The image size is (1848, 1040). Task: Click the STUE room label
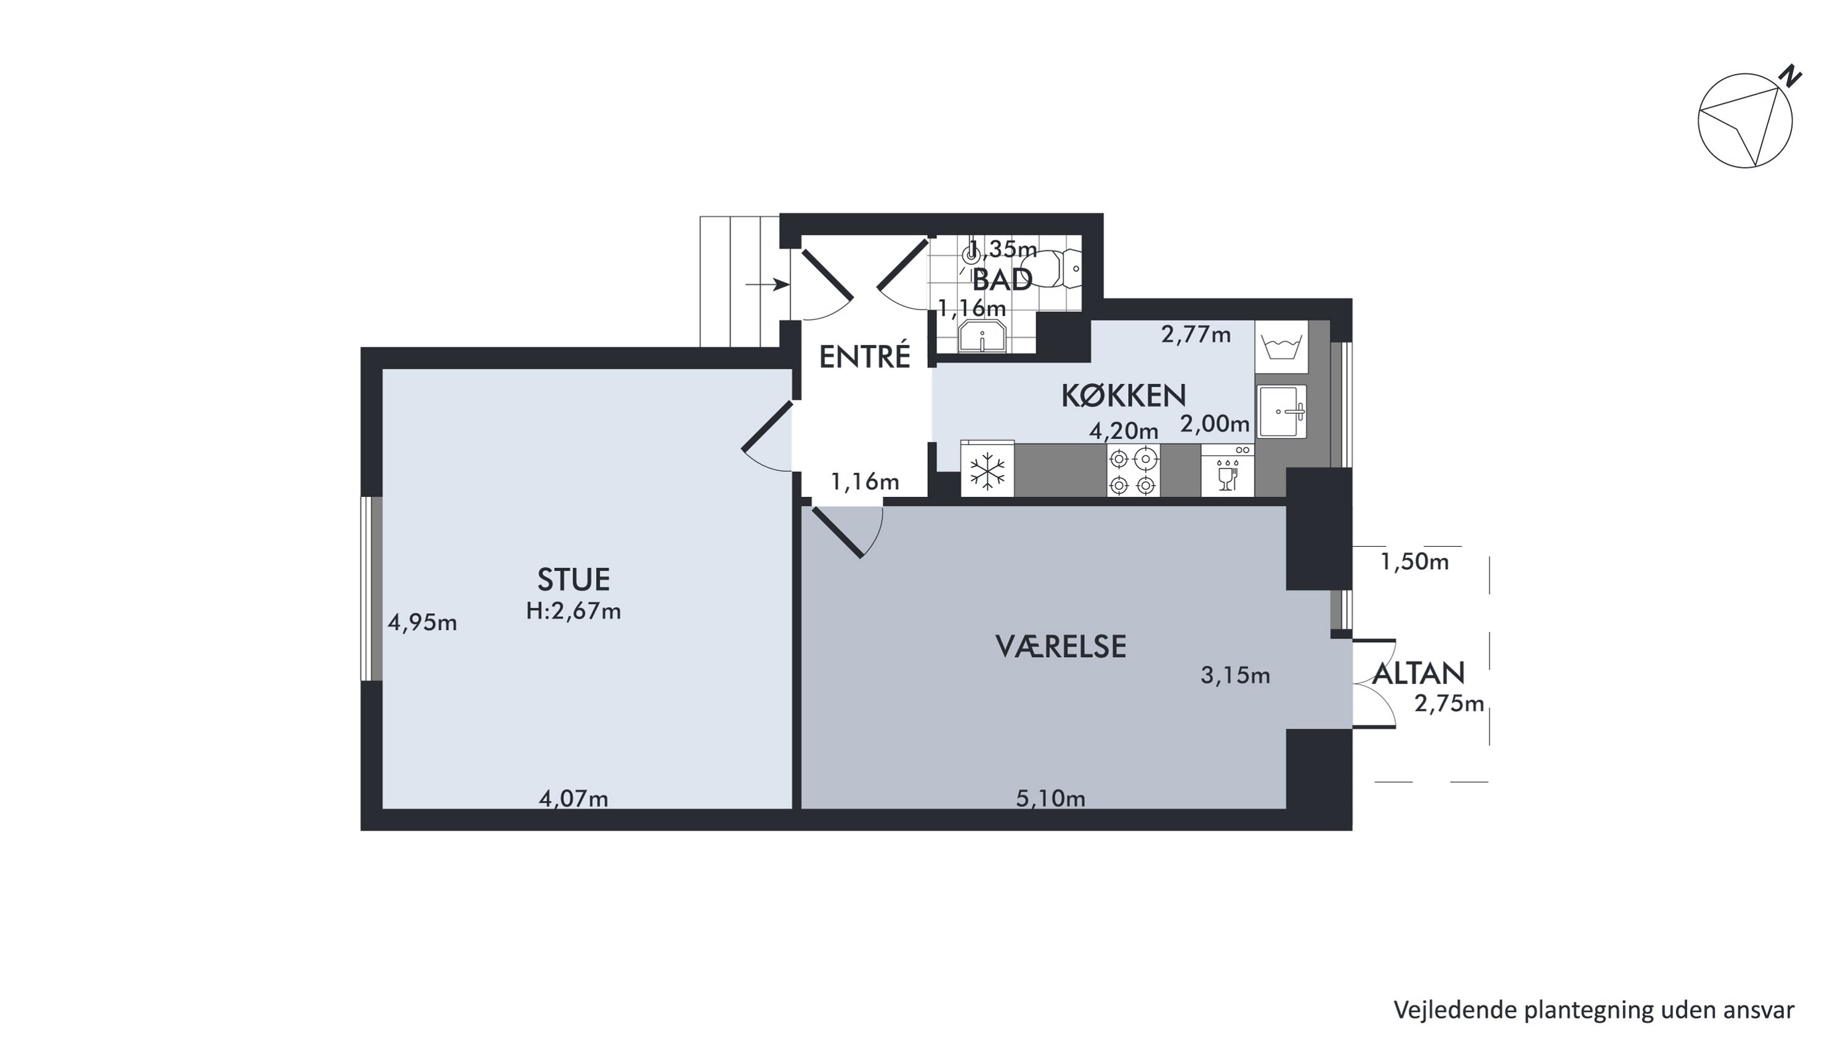click(x=573, y=579)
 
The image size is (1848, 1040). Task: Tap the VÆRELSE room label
click(x=1060, y=647)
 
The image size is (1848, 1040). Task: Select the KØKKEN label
click(x=1124, y=396)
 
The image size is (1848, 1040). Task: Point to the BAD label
click(x=1002, y=279)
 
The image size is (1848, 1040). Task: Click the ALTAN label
click(x=1418, y=673)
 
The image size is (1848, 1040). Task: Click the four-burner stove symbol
click(x=1133, y=470)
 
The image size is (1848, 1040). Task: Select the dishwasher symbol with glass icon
click(x=1228, y=470)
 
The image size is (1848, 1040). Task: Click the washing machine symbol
click(x=1281, y=346)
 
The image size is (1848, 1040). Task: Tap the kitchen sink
click(x=1282, y=412)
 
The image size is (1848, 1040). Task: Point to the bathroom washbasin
click(x=982, y=337)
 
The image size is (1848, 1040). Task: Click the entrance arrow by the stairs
click(x=768, y=285)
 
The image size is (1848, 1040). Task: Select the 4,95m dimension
click(x=422, y=622)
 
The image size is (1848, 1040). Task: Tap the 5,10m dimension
click(x=1050, y=798)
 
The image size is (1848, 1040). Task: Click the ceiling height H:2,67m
click(x=573, y=611)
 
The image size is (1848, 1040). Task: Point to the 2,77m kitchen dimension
click(x=1196, y=335)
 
